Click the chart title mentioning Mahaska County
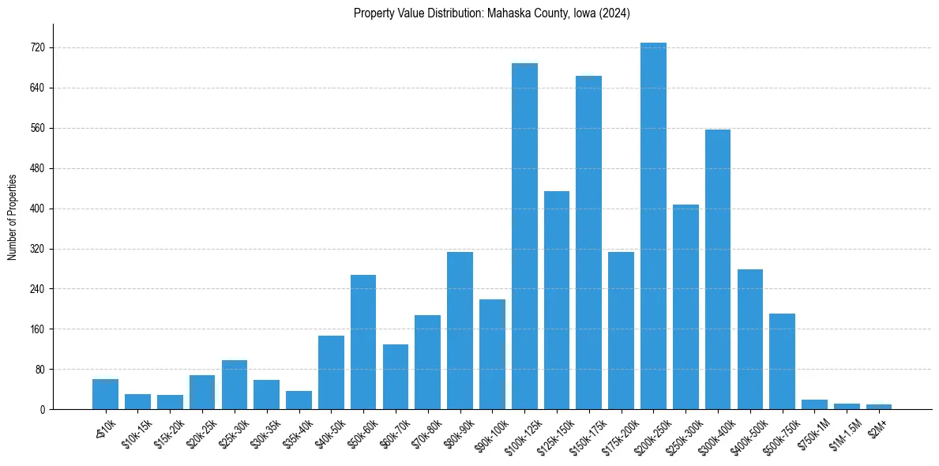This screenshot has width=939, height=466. point(491,13)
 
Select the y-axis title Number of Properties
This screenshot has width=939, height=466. point(12,216)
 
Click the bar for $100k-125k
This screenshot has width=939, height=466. point(524,236)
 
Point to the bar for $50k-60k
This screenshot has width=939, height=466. point(363,342)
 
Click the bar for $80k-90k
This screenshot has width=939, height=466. point(460,330)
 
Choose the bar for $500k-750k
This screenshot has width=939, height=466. point(782,361)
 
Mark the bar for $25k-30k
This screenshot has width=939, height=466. point(235,385)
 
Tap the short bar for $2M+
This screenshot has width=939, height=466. point(879,407)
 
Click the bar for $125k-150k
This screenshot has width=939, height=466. point(556,300)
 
